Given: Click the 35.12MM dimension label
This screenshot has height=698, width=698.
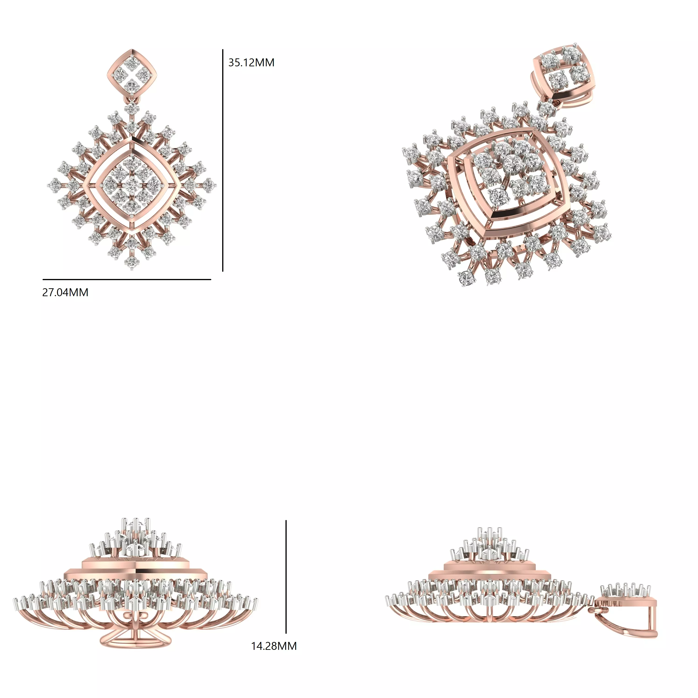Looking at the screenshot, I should coord(251,63).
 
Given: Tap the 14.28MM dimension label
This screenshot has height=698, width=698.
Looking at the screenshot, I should coord(274,646).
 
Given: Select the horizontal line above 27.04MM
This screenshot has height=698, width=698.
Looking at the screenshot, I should coord(126,279).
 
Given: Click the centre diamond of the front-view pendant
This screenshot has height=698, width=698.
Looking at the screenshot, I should coord(132,185).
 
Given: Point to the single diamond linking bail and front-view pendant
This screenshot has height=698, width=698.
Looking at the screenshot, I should coord(132,108).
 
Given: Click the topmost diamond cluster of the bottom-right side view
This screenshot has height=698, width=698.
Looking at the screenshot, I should coord(490,534).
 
